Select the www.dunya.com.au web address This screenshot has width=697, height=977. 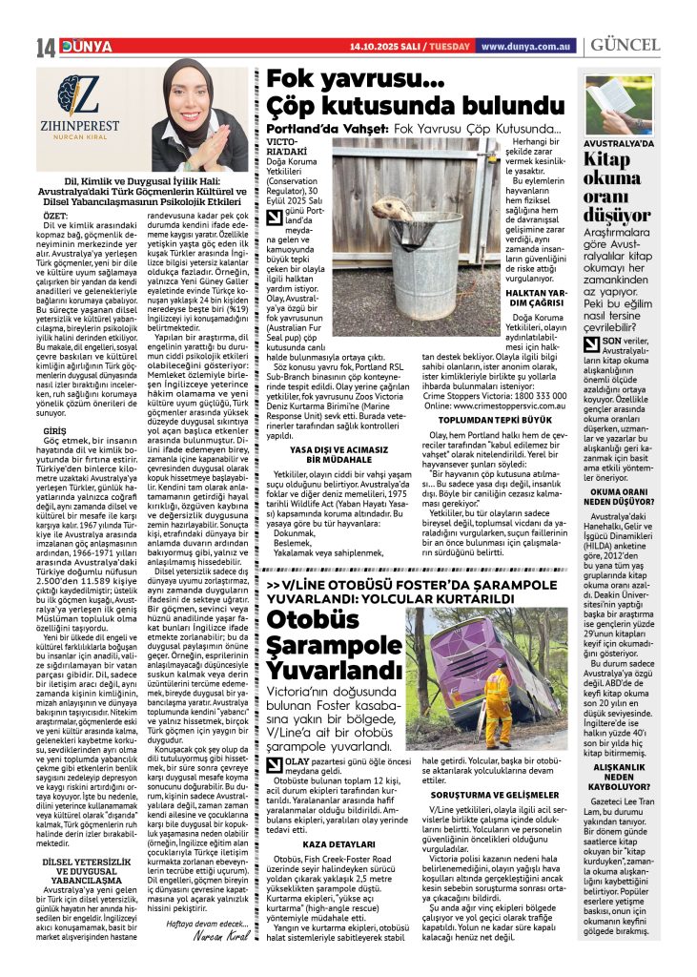[526, 46]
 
